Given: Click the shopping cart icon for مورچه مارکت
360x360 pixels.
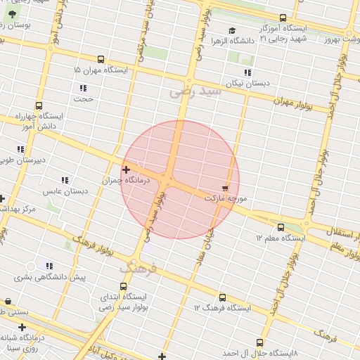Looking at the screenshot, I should pos(225,188).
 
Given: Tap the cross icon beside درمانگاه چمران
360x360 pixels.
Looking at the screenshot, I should pos(126,169).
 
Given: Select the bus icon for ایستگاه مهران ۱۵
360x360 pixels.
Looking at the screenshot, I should pos(101,60).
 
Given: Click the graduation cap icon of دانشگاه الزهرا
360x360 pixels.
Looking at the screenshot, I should pos(232,30).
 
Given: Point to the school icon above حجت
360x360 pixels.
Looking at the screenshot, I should pos(83,88).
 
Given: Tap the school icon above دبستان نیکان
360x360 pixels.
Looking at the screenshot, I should pos(247,72).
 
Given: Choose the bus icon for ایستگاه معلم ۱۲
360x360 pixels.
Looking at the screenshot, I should pos(281,227).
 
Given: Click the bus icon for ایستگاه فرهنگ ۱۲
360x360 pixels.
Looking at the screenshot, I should pos(223,297).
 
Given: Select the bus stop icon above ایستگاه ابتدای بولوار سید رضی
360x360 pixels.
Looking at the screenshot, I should pos(124,286).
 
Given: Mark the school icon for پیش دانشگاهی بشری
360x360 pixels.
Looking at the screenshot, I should pos(49,266).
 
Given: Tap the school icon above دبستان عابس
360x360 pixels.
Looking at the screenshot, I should pos(65,180).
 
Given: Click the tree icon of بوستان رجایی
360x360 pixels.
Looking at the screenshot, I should pos(12,14).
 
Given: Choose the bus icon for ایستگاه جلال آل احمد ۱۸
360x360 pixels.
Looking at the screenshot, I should pos(260,342).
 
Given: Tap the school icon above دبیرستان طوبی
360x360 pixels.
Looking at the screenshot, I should pos(20,149).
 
